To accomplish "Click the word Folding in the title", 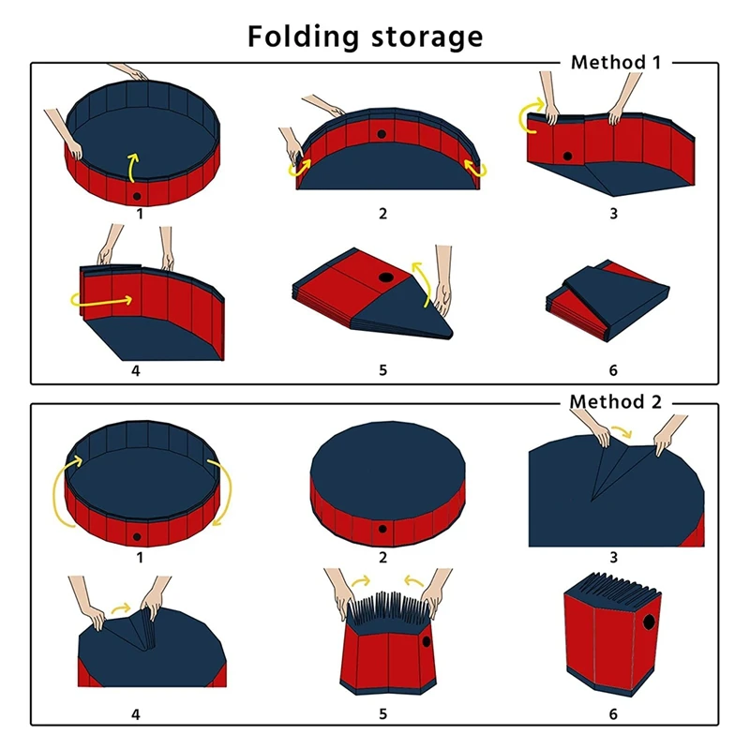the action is [x=303, y=37].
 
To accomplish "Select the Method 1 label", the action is [x=616, y=63].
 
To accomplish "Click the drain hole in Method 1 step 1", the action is [x=138, y=195].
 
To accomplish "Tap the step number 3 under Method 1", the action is [x=613, y=213].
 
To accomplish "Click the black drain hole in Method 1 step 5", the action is [x=385, y=279].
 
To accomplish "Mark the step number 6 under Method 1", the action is [x=613, y=370].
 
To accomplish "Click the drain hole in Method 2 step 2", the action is [x=382, y=530].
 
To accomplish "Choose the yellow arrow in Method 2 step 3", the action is [x=620, y=434].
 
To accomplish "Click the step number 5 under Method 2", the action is [x=382, y=714].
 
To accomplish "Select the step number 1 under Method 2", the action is [x=140, y=558].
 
